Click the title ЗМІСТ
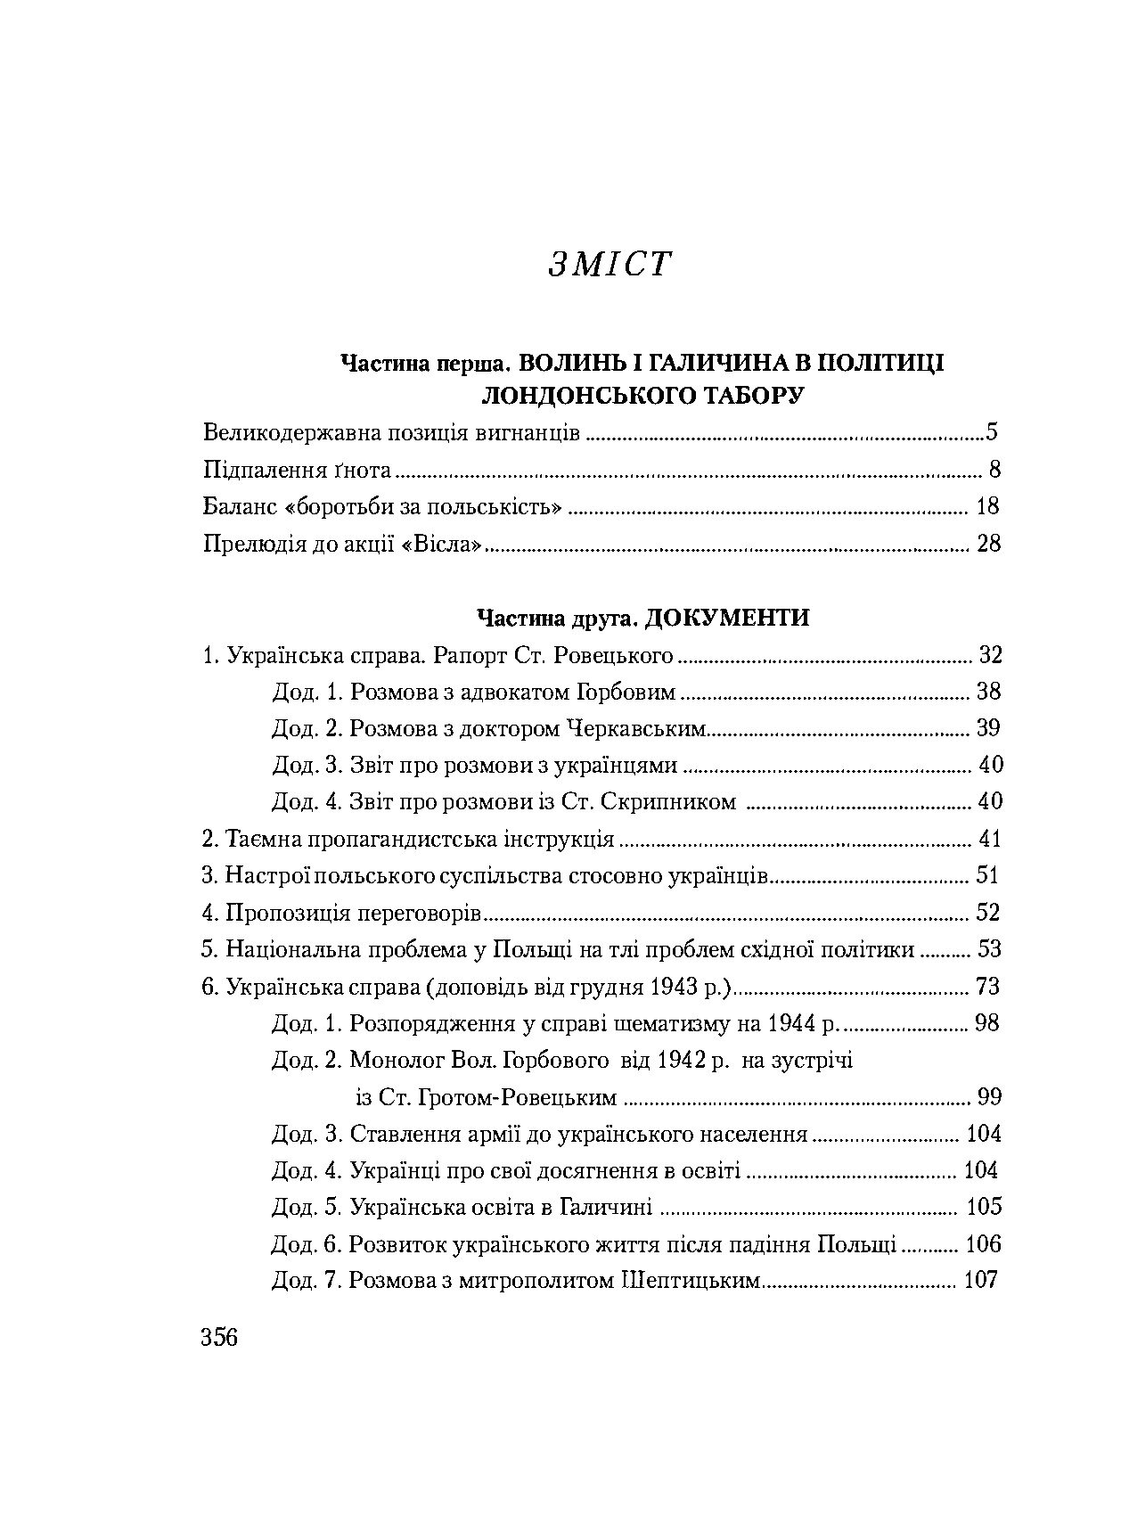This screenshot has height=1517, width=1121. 608,265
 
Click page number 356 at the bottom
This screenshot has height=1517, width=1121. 220,1338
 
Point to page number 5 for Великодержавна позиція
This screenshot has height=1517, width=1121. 991,433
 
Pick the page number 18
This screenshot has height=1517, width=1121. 988,507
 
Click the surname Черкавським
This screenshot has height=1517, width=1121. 635,728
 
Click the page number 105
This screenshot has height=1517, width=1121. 984,1207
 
